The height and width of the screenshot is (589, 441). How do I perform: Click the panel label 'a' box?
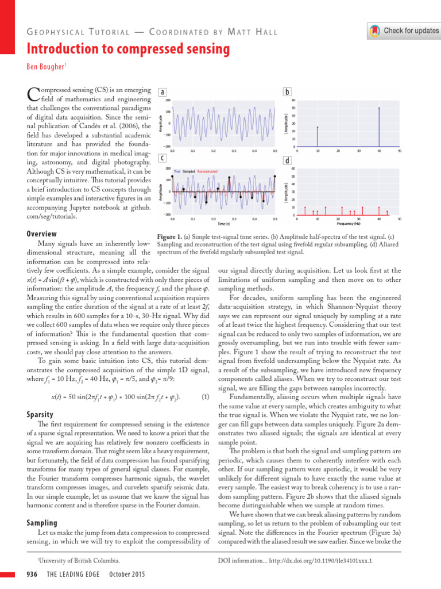click(163, 93)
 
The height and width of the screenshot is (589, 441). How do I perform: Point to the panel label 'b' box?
click(287, 93)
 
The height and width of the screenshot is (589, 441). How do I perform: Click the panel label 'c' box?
click(163, 158)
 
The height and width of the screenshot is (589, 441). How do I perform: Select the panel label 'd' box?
click(287, 159)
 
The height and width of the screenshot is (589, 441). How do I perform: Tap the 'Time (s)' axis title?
click(224, 224)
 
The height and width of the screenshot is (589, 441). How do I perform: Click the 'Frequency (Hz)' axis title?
click(348, 224)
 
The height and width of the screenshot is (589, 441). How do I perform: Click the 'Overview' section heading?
click(42, 234)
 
